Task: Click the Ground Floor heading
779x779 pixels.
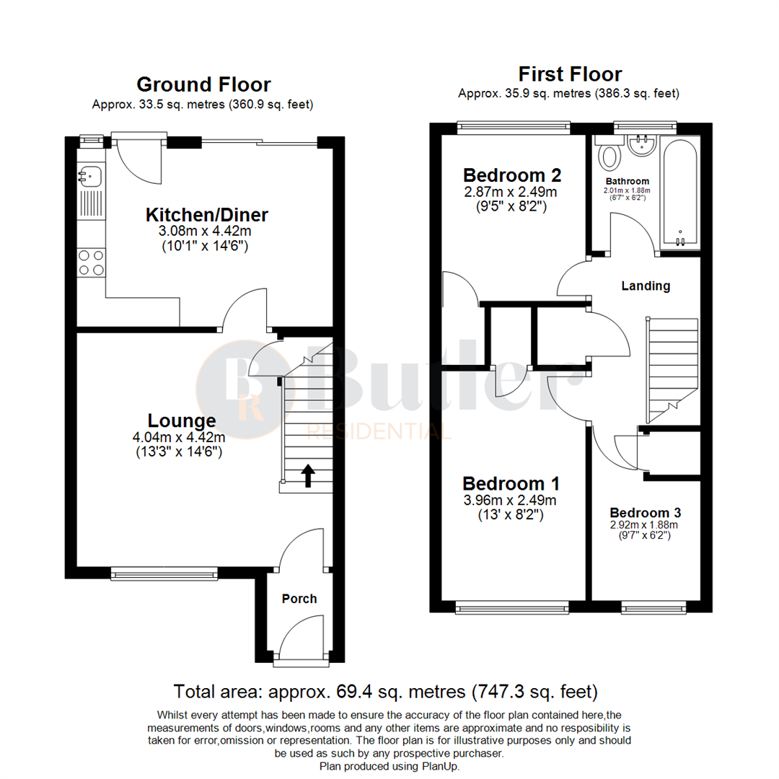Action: click(x=203, y=85)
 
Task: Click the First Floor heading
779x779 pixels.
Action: click(x=570, y=74)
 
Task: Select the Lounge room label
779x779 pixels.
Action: click(x=182, y=421)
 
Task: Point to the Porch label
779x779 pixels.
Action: click(x=299, y=599)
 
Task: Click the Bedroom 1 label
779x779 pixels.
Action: click(x=511, y=483)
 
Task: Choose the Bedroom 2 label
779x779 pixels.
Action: click(x=512, y=175)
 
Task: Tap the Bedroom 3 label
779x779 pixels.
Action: click(x=645, y=513)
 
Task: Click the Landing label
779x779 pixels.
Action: click(x=646, y=286)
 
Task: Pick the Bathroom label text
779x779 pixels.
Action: click(x=627, y=181)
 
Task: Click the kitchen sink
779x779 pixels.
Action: click(x=90, y=174)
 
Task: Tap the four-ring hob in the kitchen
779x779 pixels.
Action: click(x=91, y=262)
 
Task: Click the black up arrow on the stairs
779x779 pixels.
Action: click(x=308, y=475)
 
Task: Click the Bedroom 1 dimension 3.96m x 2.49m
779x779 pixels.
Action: click(x=511, y=500)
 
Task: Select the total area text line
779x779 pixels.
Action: click(x=385, y=692)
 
